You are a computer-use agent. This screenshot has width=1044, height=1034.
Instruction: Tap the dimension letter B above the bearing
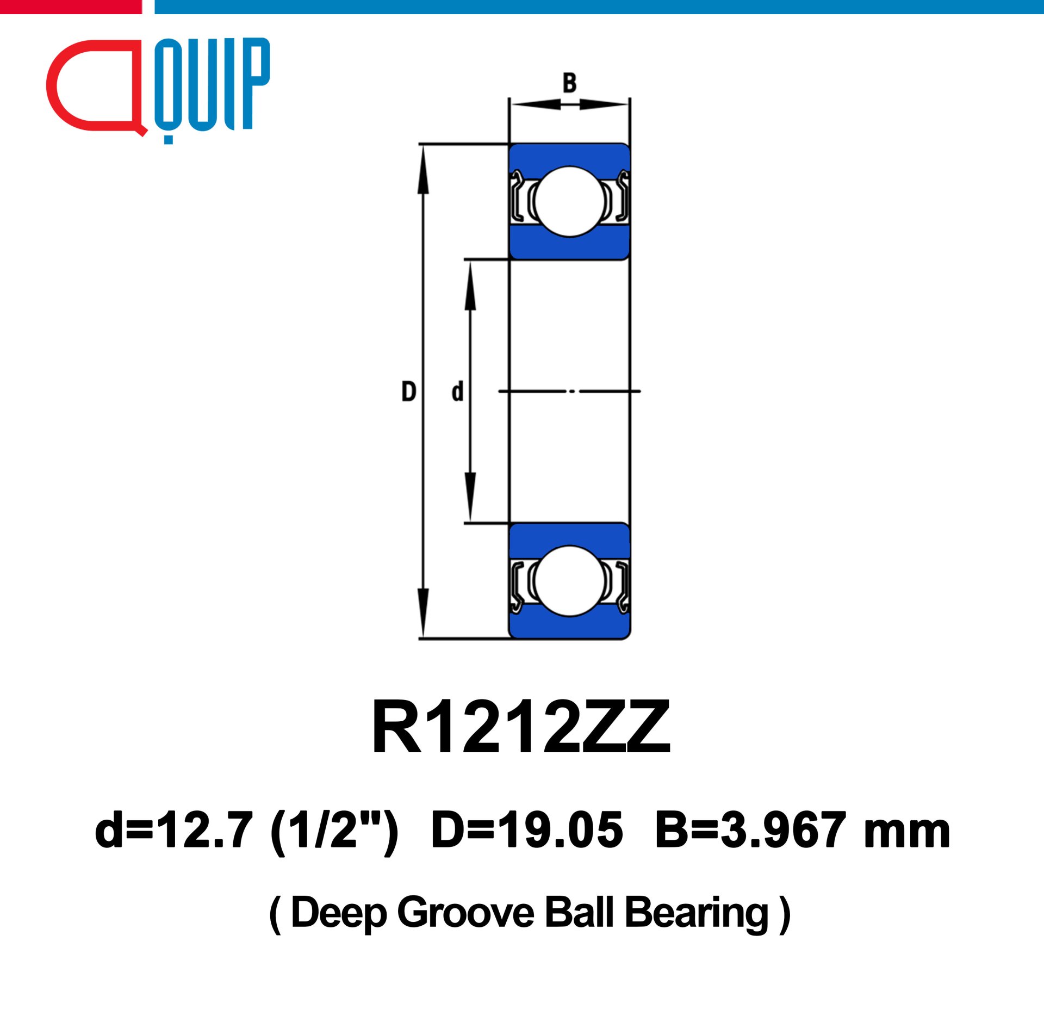(569, 83)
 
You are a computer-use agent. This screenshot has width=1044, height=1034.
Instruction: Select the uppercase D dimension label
(408, 392)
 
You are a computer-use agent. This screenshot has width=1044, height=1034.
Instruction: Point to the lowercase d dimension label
(457, 392)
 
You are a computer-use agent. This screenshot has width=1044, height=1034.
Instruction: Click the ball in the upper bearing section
(569, 201)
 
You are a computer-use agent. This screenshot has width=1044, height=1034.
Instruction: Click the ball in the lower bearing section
(569, 581)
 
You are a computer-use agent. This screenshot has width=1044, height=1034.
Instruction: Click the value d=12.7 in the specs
(174, 831)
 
